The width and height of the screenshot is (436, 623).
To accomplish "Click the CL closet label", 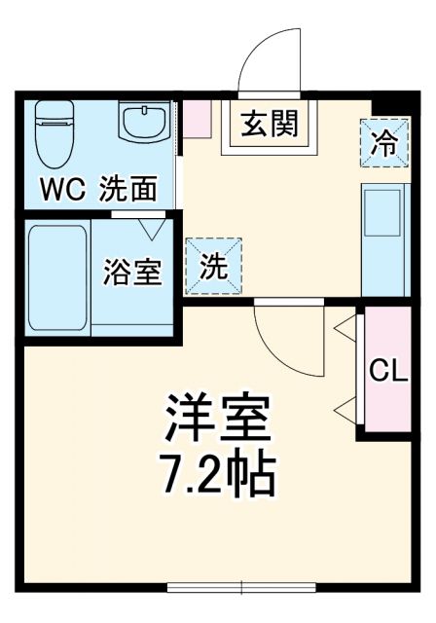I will coord(386,372).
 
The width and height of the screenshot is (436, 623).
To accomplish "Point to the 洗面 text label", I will coord(128,188).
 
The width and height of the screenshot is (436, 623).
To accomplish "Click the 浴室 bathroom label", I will coord(132,273).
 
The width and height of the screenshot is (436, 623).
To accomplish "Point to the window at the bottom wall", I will coord(241,586).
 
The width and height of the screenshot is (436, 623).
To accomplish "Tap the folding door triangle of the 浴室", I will coord(151,230).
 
